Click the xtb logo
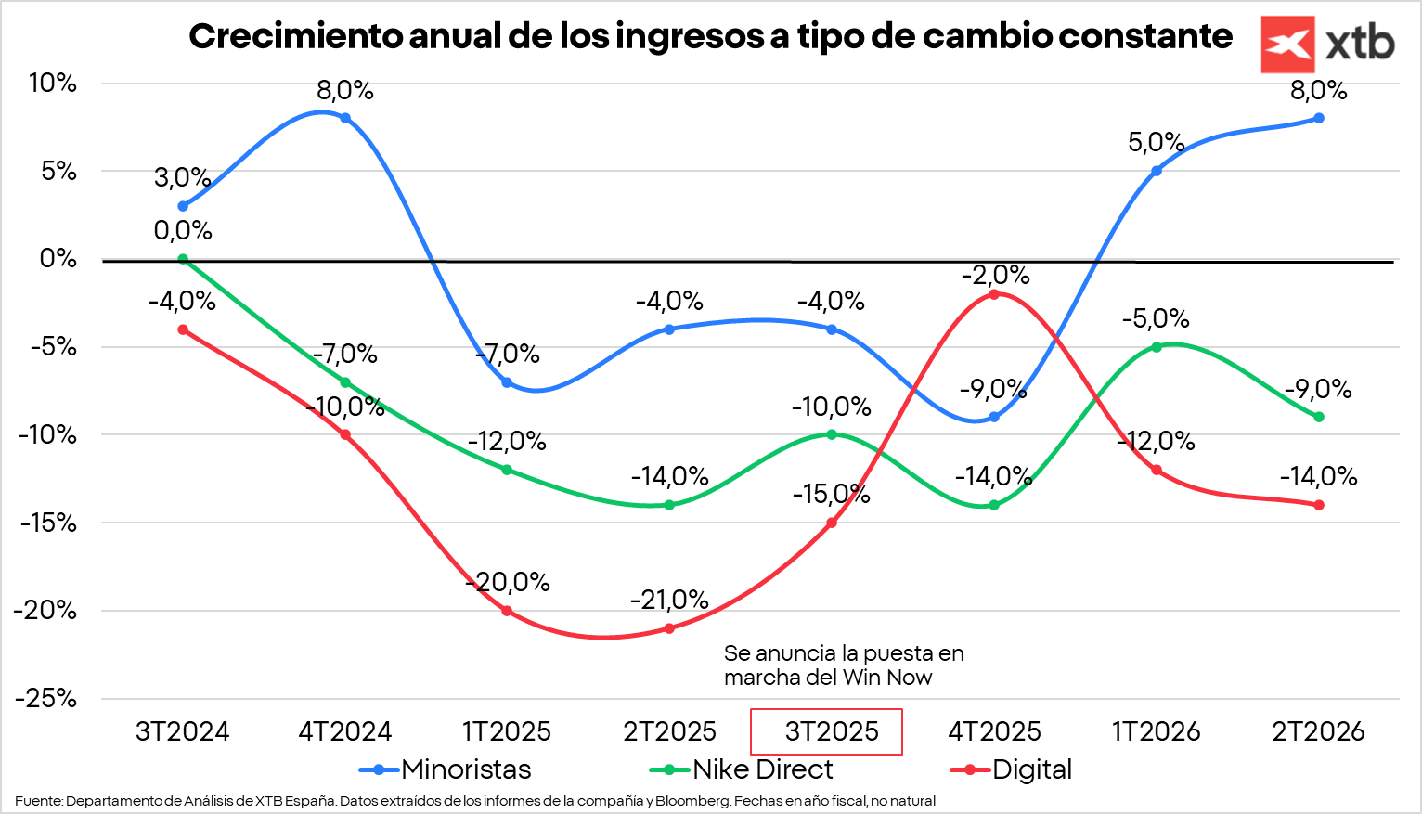[1327, 44]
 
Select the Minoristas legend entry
[446, 769]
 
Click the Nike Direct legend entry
[742, 769]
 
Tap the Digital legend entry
[1012, 769]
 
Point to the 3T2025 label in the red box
[831, 731]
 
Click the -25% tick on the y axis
[45, 698]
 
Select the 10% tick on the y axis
[52, 83]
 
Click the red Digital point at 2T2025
[669, 628]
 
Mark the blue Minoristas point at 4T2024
[345, 118]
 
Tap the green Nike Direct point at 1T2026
[1157, 347]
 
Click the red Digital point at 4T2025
[994, 294]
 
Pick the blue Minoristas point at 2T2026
[1319, 118]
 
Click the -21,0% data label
[669, 600]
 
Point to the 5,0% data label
[1157, 142]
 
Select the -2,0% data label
[995, 275]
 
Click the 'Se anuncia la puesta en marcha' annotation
[843, 665]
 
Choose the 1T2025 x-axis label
[507, 731]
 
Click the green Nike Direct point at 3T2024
[183, 259]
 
